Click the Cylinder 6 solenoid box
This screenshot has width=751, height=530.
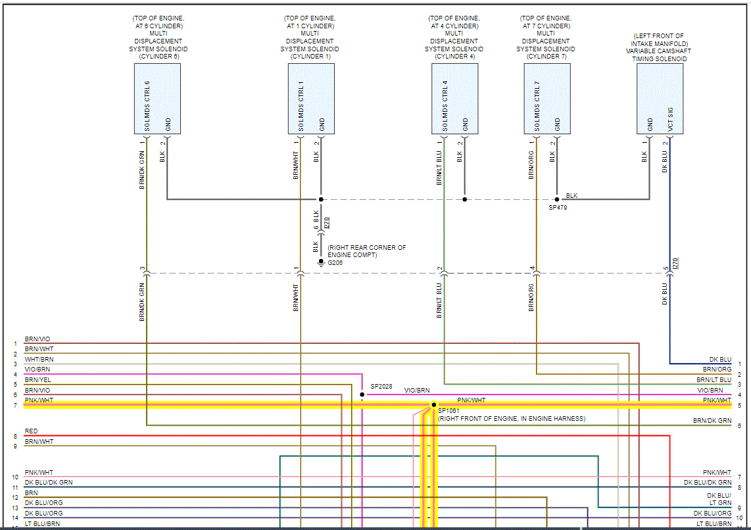157,99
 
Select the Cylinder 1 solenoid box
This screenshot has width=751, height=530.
311,99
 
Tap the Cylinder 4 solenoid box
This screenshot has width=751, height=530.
455,99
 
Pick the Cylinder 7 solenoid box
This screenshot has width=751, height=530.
547,99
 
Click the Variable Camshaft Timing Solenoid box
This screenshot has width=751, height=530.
660,99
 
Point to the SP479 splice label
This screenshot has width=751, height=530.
558,207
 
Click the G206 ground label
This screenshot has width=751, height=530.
335,262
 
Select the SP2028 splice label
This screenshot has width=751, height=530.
381,387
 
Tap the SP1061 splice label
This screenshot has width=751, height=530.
450,410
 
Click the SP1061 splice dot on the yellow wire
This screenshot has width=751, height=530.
434,404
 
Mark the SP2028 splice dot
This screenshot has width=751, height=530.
362,395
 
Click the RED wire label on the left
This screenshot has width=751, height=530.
32,431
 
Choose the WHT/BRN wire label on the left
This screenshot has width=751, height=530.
39,360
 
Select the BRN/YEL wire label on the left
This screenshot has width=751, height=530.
39,380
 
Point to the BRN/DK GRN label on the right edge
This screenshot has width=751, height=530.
712,421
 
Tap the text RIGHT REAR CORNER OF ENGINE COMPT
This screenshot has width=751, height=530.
366,251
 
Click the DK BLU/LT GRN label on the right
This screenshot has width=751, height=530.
719,499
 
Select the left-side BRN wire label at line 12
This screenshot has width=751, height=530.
31,493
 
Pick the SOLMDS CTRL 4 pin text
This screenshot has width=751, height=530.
445,106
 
